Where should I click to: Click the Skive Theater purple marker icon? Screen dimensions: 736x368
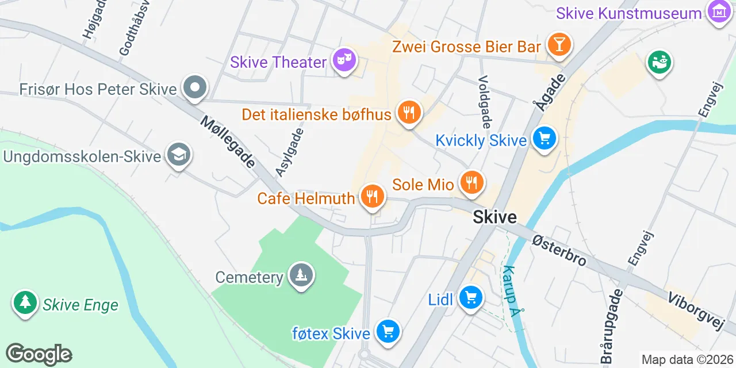pos(344,60)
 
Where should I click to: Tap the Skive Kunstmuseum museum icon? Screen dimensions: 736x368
pos(719,11)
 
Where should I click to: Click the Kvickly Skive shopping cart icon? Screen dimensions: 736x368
pos(544,138)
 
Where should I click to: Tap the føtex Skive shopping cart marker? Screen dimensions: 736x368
pos(388,331)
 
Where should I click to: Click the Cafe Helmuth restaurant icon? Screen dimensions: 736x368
pos(372,196)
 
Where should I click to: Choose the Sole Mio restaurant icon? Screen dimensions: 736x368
pos(471,183)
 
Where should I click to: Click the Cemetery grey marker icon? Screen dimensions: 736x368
pos(301,275)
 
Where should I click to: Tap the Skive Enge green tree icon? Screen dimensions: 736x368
pos(25,302)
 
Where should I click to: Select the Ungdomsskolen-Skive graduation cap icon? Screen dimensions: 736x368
pos(178,154)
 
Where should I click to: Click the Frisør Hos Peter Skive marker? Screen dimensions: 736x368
pos(195,88)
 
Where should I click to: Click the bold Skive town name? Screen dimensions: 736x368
pos(494,217)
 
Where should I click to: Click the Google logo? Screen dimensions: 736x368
pos(39,354)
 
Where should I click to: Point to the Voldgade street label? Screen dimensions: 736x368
pos(485,102)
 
